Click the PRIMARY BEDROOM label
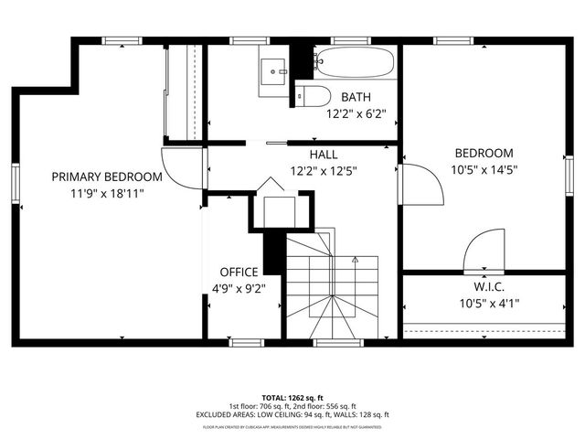click(x=107, y=177)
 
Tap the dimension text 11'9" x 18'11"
click(x=107, y=193)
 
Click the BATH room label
click(x=356, y=97)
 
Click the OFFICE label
click(x=239, y=272)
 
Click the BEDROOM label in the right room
click(x=484, y=153)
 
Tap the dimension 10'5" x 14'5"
click(x=484, y=169)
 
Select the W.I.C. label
click(x=484, y=286)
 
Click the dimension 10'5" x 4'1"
click(x=484, y=303)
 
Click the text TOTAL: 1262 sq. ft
click(x=292, y=398)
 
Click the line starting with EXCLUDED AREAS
click(x=292, y=414)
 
